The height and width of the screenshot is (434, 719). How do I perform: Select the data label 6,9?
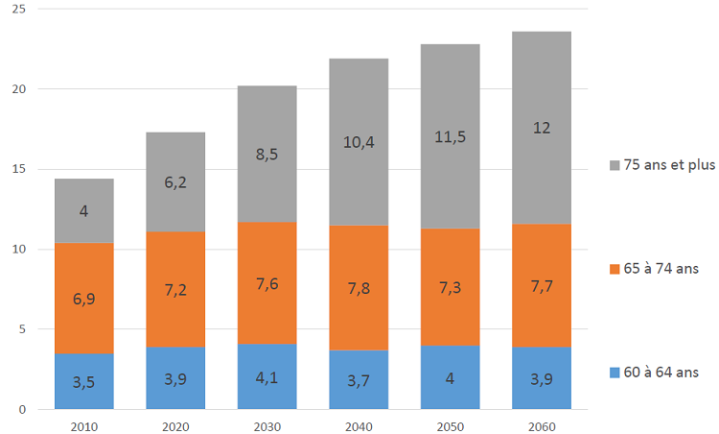pos(84,299)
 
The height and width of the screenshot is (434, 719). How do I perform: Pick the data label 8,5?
pos(267,150)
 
